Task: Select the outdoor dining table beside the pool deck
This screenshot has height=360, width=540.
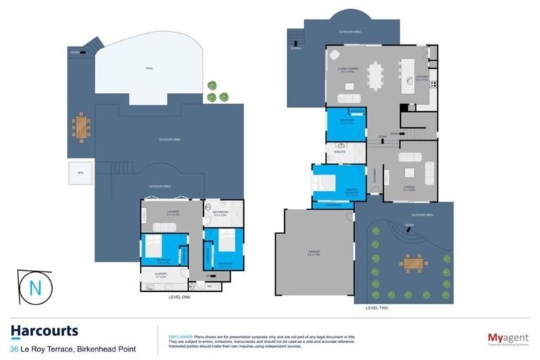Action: (82, 127)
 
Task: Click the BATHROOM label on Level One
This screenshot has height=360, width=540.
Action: (219, 212)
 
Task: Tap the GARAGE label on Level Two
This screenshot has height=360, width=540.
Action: (313, 254)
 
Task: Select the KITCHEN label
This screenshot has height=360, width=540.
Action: (422, 78)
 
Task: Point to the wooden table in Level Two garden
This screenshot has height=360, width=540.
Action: (412, 264)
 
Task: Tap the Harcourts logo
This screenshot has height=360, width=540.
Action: (44, 331)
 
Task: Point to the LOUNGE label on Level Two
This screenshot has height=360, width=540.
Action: (409, 187)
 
